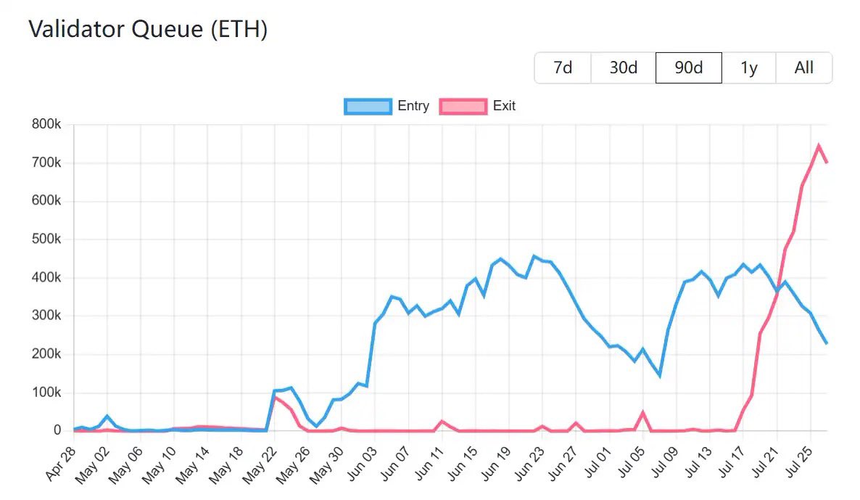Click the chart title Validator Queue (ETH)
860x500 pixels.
148,30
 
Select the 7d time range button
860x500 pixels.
563,68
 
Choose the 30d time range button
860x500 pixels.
623,68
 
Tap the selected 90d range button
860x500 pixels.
688,68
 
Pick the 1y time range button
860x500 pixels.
748,68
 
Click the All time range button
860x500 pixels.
803,68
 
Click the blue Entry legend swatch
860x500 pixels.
368,106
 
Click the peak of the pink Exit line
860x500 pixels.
818,146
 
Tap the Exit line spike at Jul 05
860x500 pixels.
642,412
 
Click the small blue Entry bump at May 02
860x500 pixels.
107,416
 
